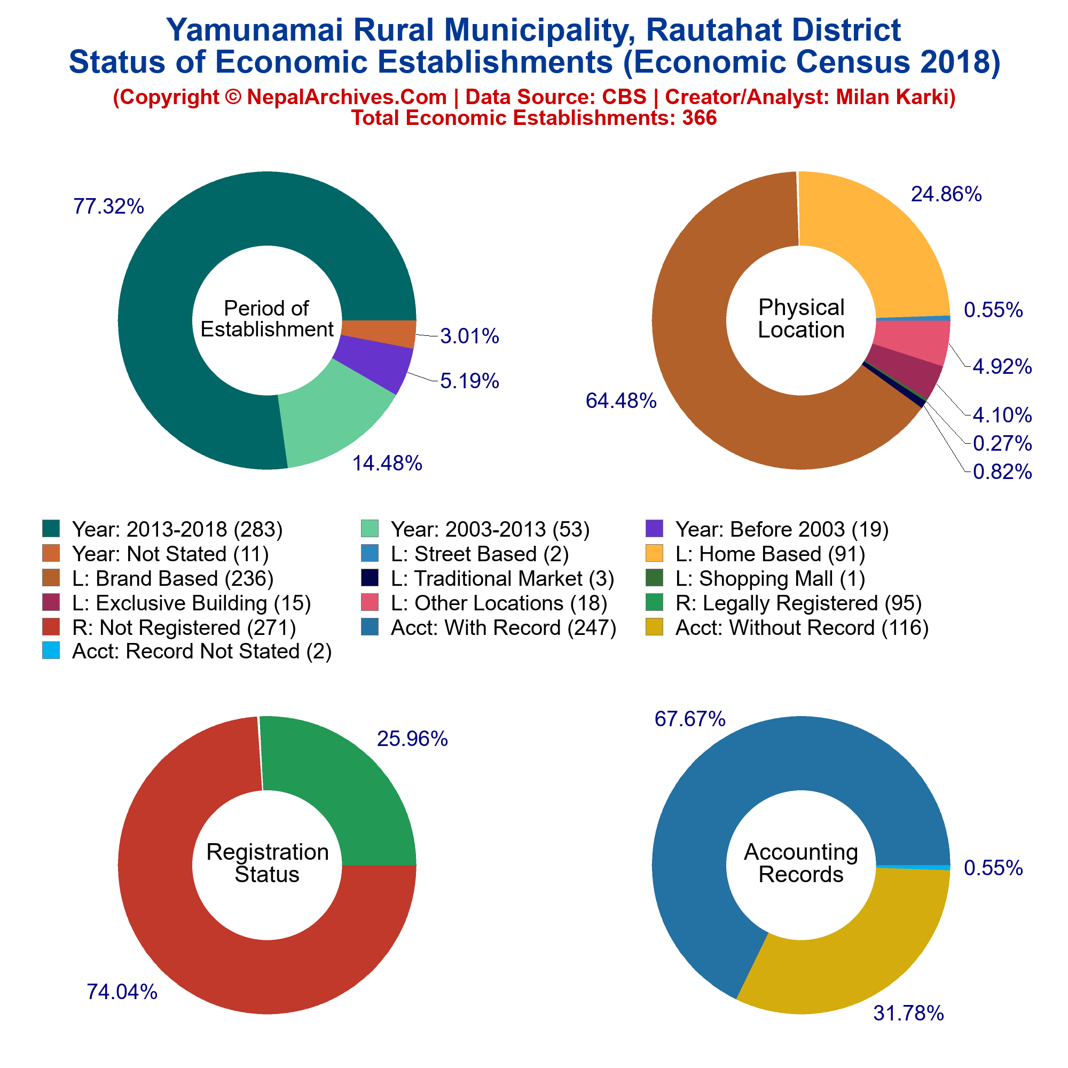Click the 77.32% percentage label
click(109, 207)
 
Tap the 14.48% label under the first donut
click(387, 463)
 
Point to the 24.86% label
click(946, 194)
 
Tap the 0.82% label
click(1002, 472)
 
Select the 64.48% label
click(621, 401)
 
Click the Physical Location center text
click(801, 319)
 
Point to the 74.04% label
click(122, 992)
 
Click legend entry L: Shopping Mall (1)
click(755, 578)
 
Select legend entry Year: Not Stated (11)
click(155, 554)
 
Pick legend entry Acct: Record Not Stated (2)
click(187, 651)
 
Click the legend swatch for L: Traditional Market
click(370, 578)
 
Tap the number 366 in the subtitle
click(700, 117)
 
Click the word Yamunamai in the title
click(252, 30)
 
